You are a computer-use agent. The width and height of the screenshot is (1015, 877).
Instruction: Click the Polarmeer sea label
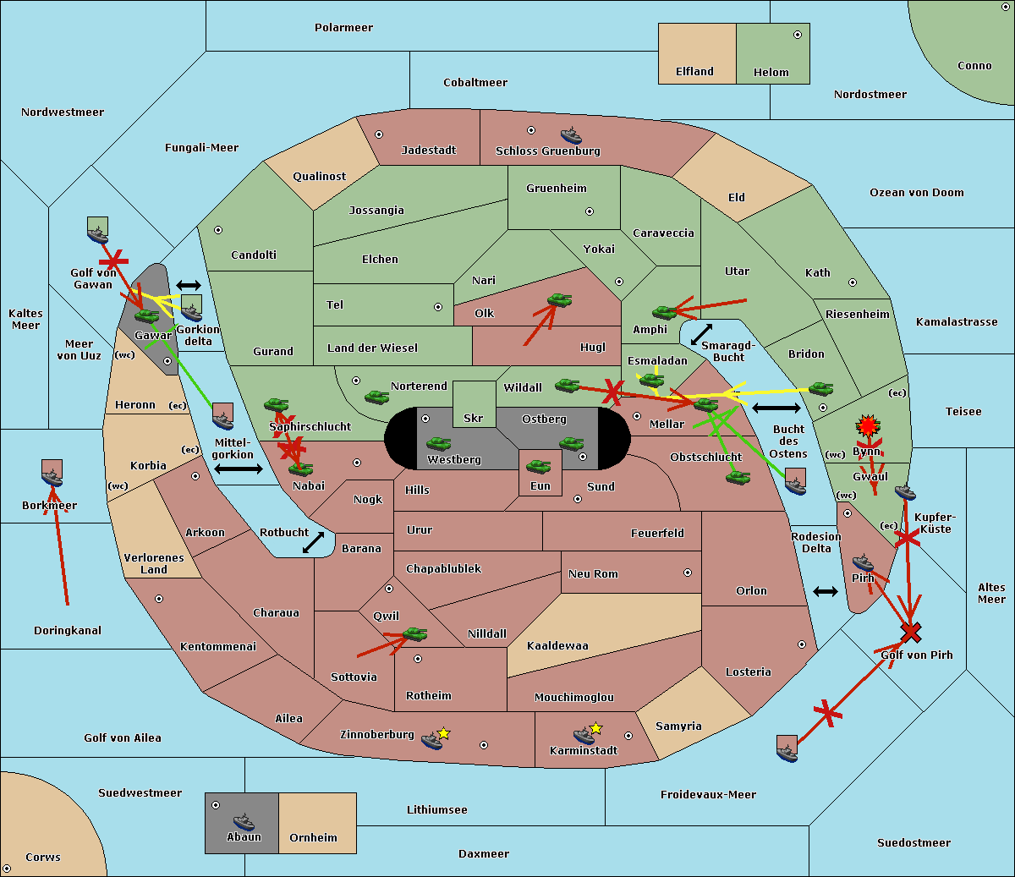[343, 28]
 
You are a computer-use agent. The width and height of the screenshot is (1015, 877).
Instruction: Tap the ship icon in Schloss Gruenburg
[571, 135]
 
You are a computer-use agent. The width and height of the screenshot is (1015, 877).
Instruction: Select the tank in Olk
[559, 299]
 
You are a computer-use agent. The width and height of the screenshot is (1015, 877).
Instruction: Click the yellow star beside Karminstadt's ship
[595, 727]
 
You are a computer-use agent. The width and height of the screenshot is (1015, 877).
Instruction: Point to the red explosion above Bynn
[868, 425]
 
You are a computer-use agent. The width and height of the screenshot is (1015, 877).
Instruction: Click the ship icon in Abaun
[244, 821]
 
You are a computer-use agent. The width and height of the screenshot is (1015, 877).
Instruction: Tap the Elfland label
[694, 72]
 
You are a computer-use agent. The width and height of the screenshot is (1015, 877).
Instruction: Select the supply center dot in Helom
[798, 35]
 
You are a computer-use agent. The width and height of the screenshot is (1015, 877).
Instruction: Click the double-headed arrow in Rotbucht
[313, 542]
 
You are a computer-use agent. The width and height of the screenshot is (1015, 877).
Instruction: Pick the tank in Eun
[538, 466]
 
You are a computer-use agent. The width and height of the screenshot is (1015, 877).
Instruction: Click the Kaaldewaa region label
[557, 646]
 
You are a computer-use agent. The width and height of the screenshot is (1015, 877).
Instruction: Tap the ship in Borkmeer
[52, 477]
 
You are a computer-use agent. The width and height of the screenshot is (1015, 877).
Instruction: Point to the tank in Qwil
[414, 633]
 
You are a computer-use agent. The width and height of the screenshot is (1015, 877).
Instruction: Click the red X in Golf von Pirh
[911, 633]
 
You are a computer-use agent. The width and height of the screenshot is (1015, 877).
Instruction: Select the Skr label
[474, 418]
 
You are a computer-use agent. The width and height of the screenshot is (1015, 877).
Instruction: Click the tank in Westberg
[438, 444]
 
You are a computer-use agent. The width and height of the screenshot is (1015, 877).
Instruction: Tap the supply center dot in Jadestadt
[379, 134]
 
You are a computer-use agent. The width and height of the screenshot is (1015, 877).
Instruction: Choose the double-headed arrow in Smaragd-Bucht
[701, 334]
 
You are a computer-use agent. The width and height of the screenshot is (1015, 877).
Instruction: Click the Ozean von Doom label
[916, 193]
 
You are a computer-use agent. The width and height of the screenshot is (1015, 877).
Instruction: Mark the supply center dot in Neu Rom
[688, 573]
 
